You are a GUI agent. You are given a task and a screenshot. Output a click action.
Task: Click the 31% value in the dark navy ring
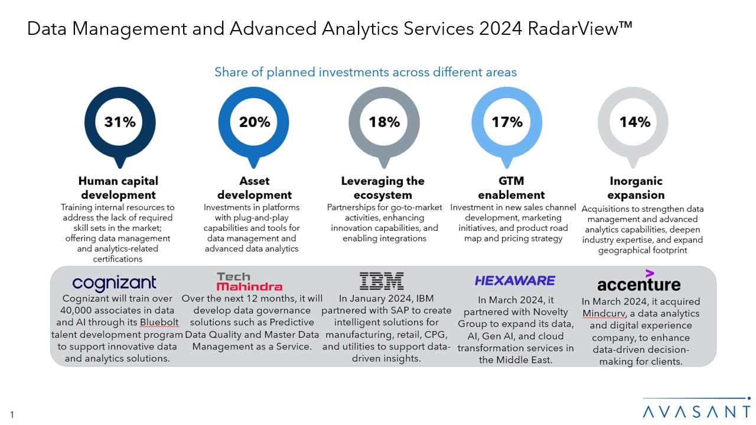(120, 122)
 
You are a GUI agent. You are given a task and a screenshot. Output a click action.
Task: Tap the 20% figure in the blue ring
(255, 122)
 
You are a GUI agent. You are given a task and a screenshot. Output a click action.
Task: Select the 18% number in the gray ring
(384, 122)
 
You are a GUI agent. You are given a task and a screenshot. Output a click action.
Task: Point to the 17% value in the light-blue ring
(507, 122)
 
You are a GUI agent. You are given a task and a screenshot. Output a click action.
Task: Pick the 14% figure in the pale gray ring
(634, 122)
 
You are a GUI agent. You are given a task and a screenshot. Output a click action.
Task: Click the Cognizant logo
(114, 283)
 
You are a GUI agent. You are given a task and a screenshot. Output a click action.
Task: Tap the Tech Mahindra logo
(249, 282)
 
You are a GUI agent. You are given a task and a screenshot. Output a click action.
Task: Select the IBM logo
(382, 281)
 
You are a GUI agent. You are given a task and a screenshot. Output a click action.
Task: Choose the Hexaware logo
(514, 280)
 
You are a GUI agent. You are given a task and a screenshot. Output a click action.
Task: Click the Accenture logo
(638, 281)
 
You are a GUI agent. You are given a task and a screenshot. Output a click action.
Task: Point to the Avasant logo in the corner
(696, 409)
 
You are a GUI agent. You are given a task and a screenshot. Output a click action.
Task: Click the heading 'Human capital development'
(119, 188)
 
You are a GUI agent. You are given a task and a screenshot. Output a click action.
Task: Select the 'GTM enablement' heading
(511, 188)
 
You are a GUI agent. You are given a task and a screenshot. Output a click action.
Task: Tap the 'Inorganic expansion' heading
(636, 188)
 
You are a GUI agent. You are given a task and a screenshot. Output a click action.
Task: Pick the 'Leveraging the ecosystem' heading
(383, 188)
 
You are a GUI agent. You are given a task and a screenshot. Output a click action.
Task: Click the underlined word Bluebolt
(159, 322)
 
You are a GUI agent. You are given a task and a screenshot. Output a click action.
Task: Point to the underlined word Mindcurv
(604, 313)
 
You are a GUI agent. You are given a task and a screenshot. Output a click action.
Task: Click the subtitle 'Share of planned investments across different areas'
(366, 72)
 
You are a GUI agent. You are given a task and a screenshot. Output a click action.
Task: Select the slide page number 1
(12, 414)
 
